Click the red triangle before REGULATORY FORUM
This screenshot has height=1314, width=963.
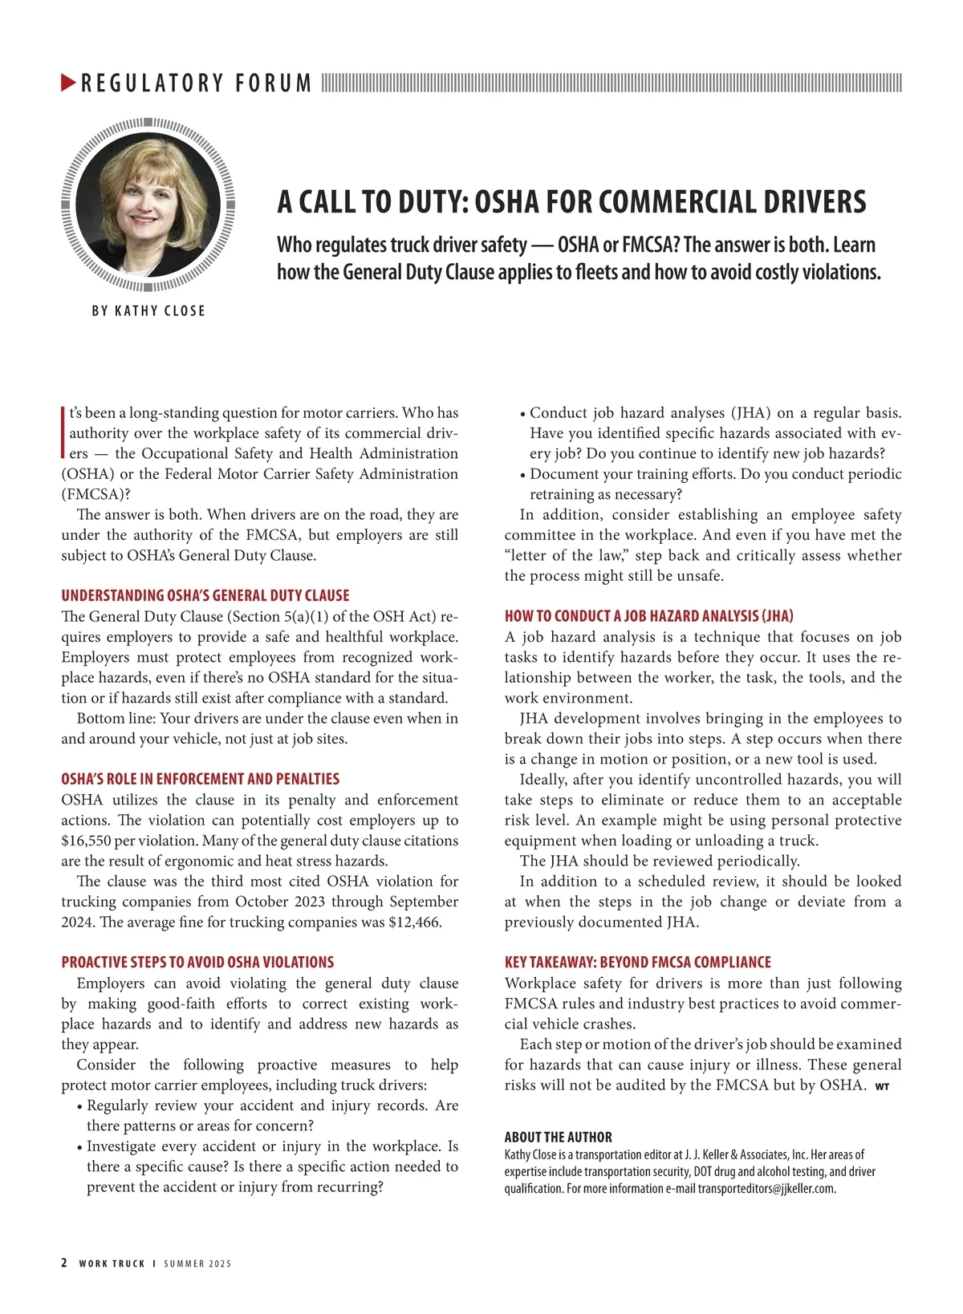(68, 83)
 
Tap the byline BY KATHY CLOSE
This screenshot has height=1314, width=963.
(148, 311)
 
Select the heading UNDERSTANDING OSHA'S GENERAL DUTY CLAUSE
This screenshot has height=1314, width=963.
(205, 596)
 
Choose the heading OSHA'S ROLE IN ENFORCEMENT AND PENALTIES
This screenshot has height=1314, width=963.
(201, 779)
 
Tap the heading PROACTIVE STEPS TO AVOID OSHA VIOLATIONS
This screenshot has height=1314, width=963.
(197, 963)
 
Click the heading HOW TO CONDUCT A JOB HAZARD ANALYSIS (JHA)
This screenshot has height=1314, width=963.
(648, 616)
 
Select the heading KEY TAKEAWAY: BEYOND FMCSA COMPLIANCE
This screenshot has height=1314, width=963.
(637, 963)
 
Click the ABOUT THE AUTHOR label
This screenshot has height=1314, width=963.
(558, 1138)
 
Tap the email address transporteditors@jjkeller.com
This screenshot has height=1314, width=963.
(766, 1189)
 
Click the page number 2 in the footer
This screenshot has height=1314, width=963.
(64, 1263)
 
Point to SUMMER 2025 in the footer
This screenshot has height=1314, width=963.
(197, 1263)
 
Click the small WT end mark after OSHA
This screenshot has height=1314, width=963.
(882, 1087)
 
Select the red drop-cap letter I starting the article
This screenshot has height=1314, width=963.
(63, 432)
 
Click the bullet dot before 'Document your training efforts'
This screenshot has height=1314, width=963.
(523, 476)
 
